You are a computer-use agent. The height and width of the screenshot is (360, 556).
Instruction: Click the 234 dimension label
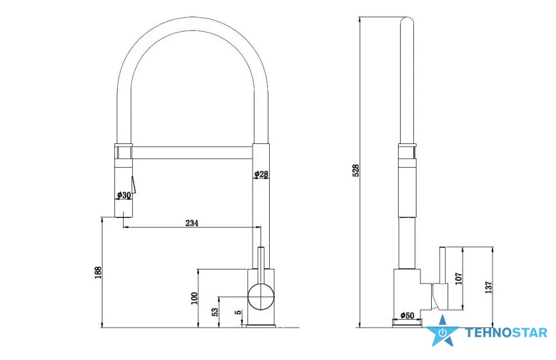[x=192, y=223]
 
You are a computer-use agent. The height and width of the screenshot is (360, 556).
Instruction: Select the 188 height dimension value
[x=99, y=273]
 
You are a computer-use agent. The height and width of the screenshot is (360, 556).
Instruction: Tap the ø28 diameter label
[x=261, y=174]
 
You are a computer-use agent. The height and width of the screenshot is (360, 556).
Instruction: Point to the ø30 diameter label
[x=124, y=195]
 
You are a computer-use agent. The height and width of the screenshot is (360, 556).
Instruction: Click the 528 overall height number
[x=356, y=170]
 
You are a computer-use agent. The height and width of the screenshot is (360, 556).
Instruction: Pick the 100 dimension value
[x=194, y=299]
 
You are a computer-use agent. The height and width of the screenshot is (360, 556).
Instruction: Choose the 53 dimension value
[x=215, y=312]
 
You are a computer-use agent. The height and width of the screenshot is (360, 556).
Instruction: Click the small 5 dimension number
[x=239, y=312]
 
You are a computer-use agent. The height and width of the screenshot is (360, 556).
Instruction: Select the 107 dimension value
[x=458, y=278]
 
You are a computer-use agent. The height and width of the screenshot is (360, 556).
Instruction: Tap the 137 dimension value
[x=489, y=287]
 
